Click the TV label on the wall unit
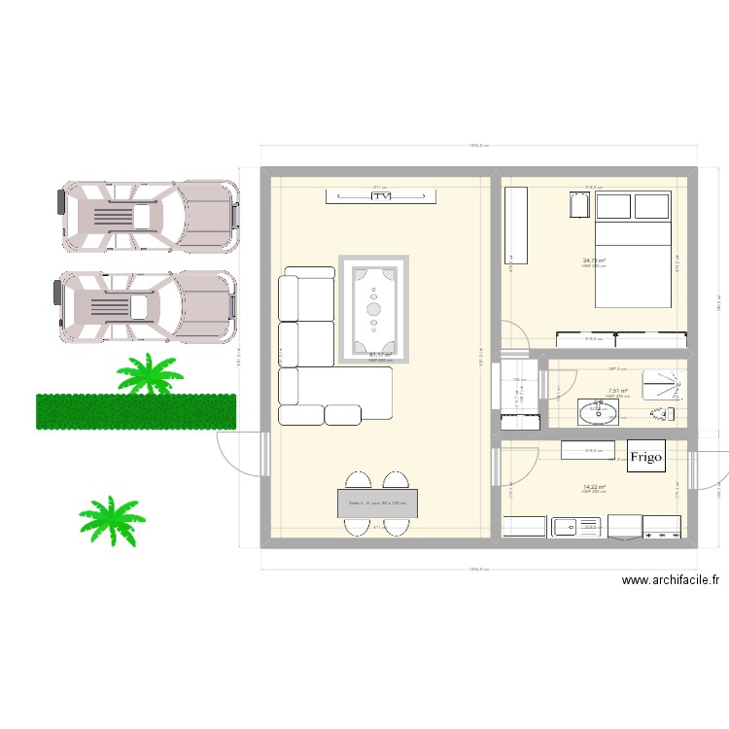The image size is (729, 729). pyautogui.click(x=379, y=196)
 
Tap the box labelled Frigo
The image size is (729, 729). pyautogui.click(x=645, y=456)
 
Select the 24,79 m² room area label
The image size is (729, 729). pyautogui.click(x=594, y=260)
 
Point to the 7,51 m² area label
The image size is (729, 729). pyautogui.click(x=618, y=392)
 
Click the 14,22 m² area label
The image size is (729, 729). pyautogui.click(x=594, y=488)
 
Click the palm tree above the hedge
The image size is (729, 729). pyautogui.click(x=150, y=374)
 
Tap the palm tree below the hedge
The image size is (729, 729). pyautogui.click(x=111, y=518)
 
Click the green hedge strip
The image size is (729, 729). pyautogui.click(x=136, y=411)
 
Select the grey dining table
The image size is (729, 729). pyautogui.click(x=377, y=503)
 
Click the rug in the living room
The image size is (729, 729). pyautogui.click(x=374, y=309)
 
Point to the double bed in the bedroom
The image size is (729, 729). pyautogui.click(x=633, y=248)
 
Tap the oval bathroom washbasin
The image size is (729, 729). pyautogui.click(x=597, y=414)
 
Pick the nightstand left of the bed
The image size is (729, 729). pyautogui.click(x=580, y=207)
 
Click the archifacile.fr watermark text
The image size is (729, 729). pyautogui.click(x=671, y=580)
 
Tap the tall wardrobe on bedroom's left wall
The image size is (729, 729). pyautogui.click(x=515, y=225)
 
